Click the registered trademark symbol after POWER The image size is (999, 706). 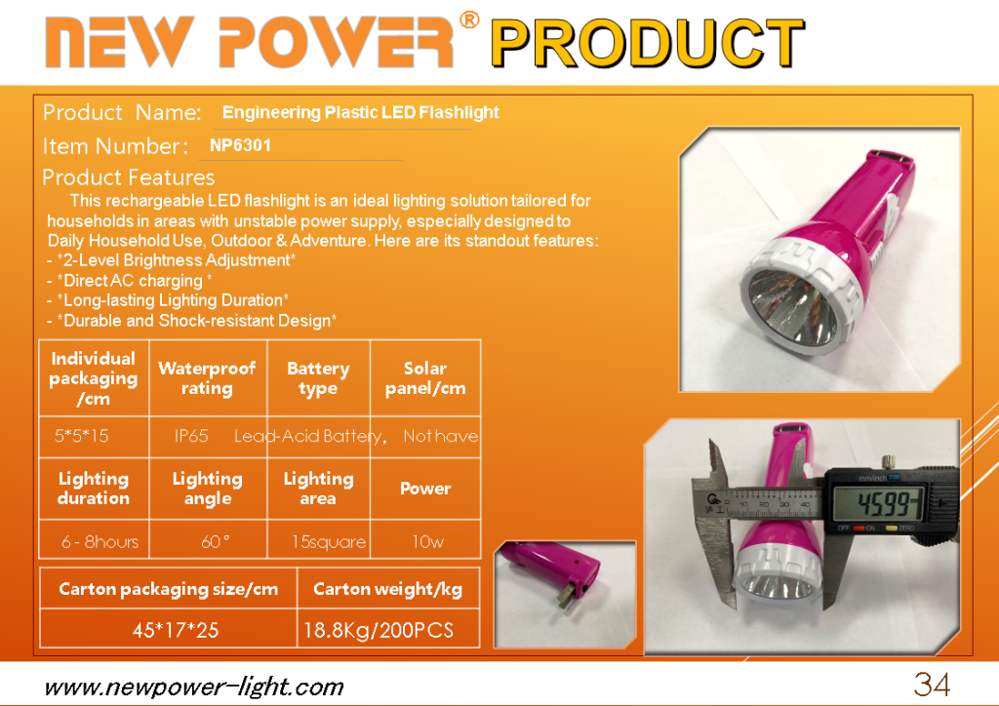pos(469,20)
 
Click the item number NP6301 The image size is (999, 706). pos(240,146)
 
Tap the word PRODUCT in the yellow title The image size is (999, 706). pos(648,43)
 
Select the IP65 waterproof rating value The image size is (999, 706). pos(191,436)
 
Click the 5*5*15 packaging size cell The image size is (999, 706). pos(82,436)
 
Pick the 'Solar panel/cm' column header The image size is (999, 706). pos(425,378)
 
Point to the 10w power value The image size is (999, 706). pos(427,542)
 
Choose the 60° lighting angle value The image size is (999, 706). pos(215,542)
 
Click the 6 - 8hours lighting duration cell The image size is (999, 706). pos(100,542)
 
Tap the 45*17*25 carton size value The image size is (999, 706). pos(176,630)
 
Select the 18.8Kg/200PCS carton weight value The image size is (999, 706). pos(379,630)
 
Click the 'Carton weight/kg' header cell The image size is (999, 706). pos(388,590)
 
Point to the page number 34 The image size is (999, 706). pos(932,685)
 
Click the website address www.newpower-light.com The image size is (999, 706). pos(194,687)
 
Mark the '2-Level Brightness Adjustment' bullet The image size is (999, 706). pos(172,260)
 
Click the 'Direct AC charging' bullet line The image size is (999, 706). pos(130,281)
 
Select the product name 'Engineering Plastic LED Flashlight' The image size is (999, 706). pos(361,113)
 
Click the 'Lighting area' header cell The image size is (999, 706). pos(319,489)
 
